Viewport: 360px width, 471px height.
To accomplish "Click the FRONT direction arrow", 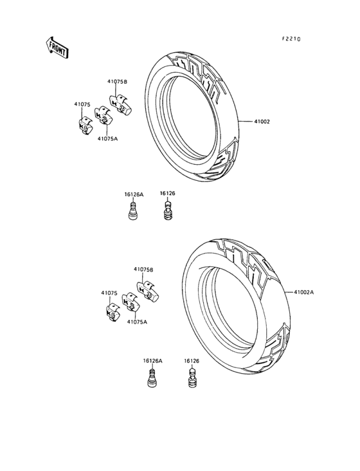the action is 57,48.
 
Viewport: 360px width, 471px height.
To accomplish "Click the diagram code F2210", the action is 291,39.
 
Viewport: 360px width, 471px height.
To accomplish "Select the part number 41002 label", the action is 262,122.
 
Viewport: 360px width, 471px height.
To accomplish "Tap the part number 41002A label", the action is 303,292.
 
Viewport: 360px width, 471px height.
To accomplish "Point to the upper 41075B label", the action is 117,82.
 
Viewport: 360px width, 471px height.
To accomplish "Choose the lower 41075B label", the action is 143,270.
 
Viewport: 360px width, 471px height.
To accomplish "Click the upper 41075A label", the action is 107,138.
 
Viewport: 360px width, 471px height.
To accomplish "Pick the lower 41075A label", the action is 137,322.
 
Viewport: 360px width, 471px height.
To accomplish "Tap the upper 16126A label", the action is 134,195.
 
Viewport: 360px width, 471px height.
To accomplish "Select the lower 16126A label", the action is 153,361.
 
